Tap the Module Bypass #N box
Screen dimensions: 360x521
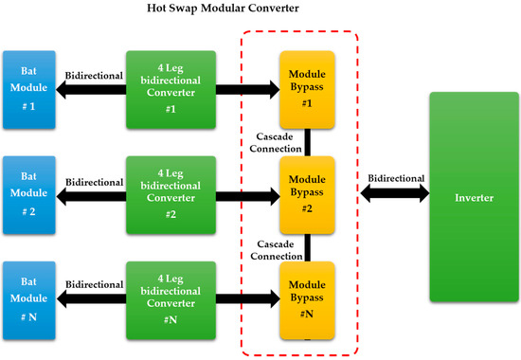point(307,300)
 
